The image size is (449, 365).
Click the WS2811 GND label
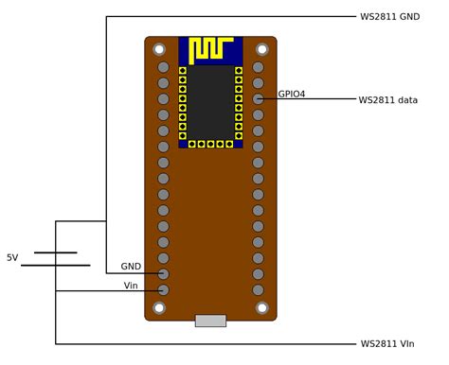390,17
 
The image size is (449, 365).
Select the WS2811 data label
388,100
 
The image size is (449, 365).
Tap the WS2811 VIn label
387,344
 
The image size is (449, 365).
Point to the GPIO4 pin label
292,94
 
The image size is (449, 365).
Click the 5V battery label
12,258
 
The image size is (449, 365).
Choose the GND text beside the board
131,267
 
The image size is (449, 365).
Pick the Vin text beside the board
131,286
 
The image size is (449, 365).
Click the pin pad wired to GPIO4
258,99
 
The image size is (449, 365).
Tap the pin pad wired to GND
163,273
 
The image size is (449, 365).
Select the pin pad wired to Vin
163,289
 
